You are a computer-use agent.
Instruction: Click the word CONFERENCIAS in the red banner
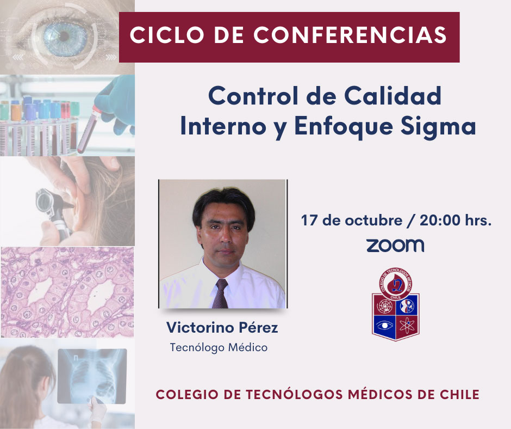(350, 35)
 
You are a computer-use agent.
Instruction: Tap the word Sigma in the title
(438, 127)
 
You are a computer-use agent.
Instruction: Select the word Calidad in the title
(392, 96)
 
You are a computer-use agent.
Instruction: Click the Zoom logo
(395, 246)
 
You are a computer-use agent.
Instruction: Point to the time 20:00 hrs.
(455, 220)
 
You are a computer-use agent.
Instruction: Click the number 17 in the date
(309, 220)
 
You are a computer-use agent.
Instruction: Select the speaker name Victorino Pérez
(222, 328)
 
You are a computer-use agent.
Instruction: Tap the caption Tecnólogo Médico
(219, 347)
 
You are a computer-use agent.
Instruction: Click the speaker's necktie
(221, 293)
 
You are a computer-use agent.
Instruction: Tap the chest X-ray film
(92, 376)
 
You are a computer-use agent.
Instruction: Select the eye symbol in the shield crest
(384, 326)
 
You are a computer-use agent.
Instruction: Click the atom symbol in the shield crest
(407, 326)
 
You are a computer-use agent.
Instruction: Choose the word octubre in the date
(373, 220)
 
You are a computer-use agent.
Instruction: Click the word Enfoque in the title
(344, 127)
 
